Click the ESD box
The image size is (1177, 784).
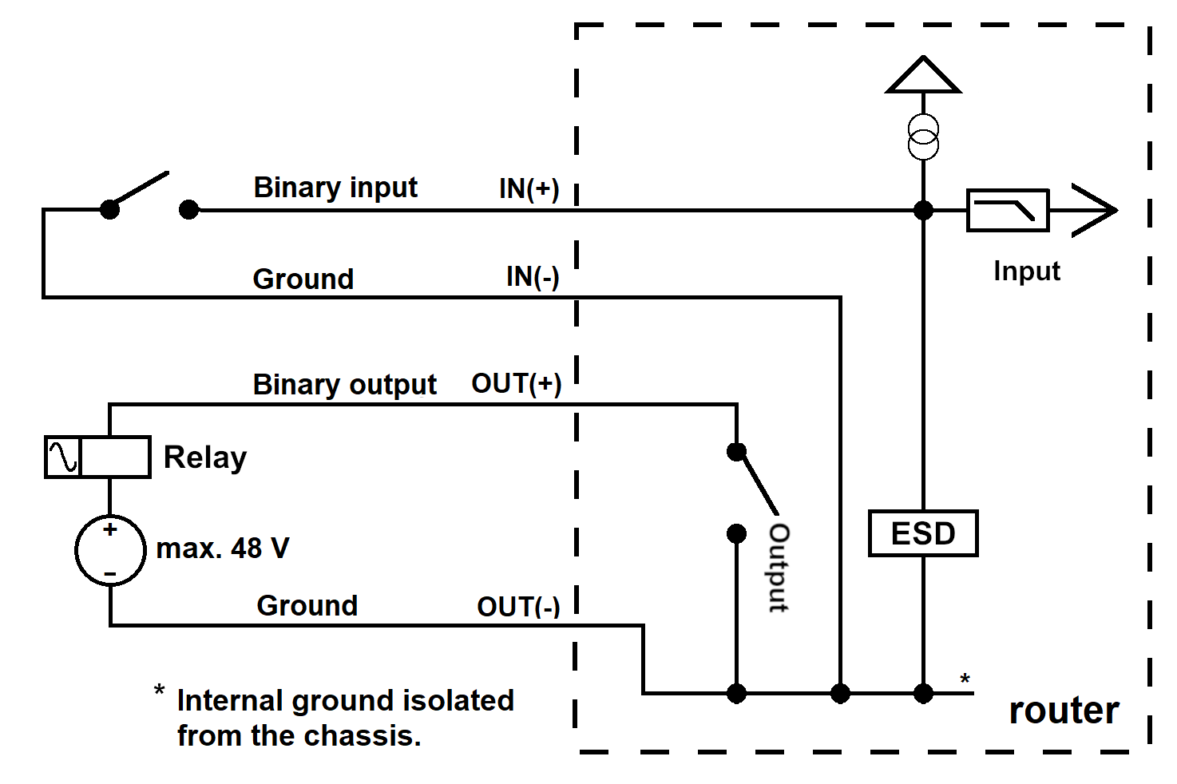point(923,533)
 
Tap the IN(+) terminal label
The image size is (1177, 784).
point(529,188)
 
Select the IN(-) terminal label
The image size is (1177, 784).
point(533,277)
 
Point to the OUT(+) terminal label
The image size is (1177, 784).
point(517,383)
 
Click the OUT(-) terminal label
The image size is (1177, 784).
point(518,607)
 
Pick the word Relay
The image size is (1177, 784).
point(205,457)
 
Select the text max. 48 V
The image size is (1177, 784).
point(223,548)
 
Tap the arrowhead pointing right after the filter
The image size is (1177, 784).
point(1095,210)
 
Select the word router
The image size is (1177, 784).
point(1064,711)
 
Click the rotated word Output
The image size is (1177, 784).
point(779,568)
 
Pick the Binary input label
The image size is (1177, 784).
point(335,188)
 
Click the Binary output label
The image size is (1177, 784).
point(345,385)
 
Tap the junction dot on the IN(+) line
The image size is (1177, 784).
point(923,210)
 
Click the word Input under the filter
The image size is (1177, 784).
point(1027,272)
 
